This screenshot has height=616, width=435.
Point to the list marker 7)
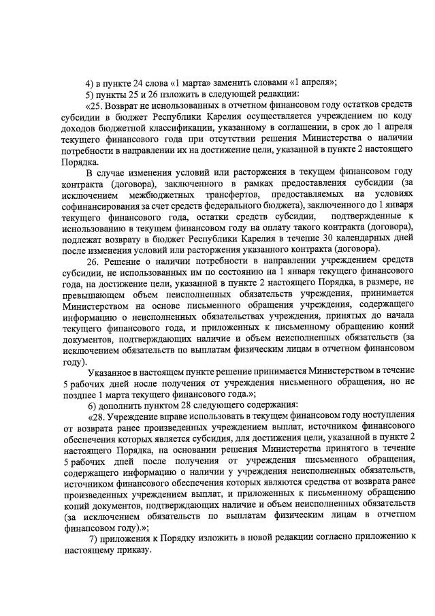click(x=94, y=537)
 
